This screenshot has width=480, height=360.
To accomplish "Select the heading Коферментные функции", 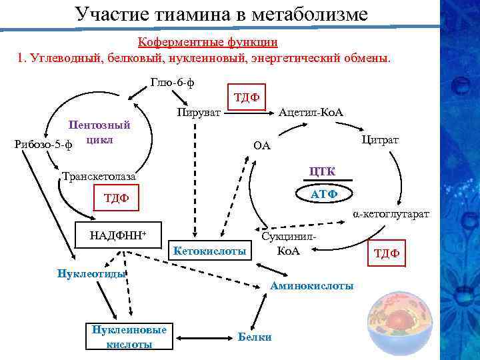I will (x=207, y=42).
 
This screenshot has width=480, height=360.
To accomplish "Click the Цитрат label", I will (x=380, y=139).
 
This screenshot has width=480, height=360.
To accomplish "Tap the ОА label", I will (x=262, y=145).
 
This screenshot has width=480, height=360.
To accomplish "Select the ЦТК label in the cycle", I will (x=322, y=172).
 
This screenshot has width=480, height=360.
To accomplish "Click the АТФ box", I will (x=325, y=193).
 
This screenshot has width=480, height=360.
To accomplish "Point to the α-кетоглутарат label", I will (x=391, y=214).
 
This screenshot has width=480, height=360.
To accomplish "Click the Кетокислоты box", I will (x=209, y=251).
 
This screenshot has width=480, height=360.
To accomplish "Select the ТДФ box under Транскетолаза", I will (x=116, y=198).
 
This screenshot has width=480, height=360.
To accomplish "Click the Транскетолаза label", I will (x=98, y=177).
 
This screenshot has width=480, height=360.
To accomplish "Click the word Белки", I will (x=255, y=337).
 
